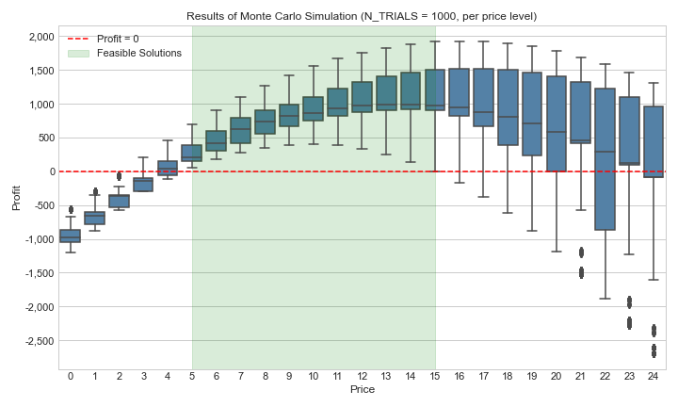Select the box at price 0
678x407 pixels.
[x=71, y=236]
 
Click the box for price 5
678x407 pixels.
[x=192, y=153]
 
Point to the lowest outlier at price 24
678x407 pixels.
[x=654, y=353]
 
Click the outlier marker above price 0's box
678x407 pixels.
[x=71, y=209]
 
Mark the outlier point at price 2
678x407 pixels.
[x=120, y=176]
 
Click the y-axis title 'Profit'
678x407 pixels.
[x=14, y=198]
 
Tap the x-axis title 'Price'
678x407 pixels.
[x=363, y=389]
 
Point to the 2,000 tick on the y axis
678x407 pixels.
[x=41, y=37]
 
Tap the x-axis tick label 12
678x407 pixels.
[x=363, y=377]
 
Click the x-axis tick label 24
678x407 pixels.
[x=654, y=377]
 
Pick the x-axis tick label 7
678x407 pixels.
[x=241, y=377]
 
